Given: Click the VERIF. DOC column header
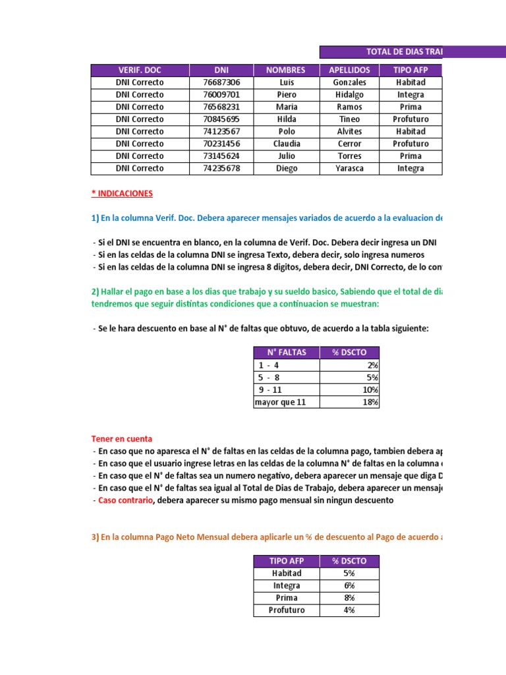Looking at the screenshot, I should click(x=140, y=70).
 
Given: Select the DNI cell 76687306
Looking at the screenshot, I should click(x=221, y=82).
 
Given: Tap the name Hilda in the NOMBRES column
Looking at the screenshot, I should click(x=286, y=119).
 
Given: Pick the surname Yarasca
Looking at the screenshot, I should click(x=349, y=168).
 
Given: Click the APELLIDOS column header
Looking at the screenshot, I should click(x=349, y=70).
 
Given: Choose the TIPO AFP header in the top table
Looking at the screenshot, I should click(x=410, y=70).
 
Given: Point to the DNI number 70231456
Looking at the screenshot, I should click(x=221, y=144).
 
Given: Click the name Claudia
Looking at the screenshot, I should click(x=286, y=144).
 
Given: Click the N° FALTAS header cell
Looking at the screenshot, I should click(x=286, y=352).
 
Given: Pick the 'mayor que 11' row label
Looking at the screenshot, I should click(x=281, y=402).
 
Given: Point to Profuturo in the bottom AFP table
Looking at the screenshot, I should click(x=286, y=610).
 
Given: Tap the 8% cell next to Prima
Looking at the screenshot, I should click(x=349, y=598).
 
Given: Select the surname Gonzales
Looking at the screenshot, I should click(x=349, y=82).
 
